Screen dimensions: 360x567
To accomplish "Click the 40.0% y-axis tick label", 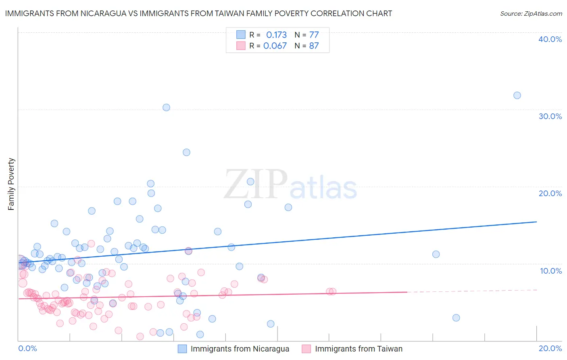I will click(550, 39).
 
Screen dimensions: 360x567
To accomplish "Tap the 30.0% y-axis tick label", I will click(550, 116).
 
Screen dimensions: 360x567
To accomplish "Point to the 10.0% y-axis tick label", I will click(551, 271).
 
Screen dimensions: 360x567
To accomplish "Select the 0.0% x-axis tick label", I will click(28, 348).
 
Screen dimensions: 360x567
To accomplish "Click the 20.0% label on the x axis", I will click(550, 348).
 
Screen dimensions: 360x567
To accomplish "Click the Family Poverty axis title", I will click(11, 184).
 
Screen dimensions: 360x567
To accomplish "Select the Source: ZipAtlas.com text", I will click(531, 14).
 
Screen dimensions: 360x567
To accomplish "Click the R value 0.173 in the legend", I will click(276, 35).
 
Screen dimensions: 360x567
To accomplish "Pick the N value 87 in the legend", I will click(314, 46).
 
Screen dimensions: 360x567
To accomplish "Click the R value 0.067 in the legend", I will click(275, 46).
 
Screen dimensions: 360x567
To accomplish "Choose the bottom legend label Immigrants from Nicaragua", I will click(240, 349).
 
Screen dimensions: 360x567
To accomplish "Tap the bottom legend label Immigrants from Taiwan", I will click(359, 349).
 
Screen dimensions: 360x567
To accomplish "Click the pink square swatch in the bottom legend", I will click(306, 349).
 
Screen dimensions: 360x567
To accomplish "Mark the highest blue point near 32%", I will click(517, 96).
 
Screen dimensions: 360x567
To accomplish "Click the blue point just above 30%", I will click(166, 107).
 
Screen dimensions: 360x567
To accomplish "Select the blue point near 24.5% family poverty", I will click(186, 152).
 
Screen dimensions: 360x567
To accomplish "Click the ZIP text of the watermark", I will click(256, 184).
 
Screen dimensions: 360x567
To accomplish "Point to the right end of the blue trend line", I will click(537, 222).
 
